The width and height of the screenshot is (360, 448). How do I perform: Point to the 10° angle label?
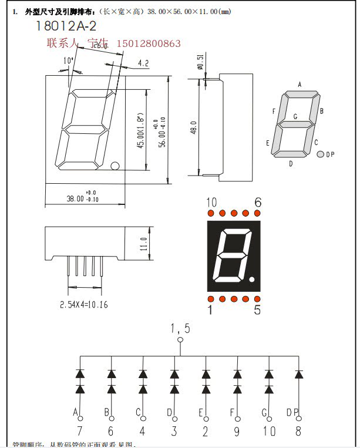click(68, 61)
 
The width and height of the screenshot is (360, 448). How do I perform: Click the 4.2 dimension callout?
click(143, 63)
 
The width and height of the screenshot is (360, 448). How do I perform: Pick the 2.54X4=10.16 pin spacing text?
click(83, 304)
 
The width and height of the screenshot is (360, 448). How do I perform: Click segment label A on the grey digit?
click(300, 85)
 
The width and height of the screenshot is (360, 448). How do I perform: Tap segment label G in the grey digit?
click(295, 116)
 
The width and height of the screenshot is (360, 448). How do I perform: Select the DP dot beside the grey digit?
click(320, 154)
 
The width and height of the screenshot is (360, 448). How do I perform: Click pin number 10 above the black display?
click(212, 203)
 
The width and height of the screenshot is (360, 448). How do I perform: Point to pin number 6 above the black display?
click(257, 203)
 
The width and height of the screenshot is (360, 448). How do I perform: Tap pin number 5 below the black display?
click(257, 311)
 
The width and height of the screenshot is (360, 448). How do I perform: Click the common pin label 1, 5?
click(180, 328)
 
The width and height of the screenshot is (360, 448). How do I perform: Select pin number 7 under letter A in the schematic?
click(79, 430)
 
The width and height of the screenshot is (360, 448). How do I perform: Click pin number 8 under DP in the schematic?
click(299, 430)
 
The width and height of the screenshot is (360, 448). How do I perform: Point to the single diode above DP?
click(299, 373)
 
